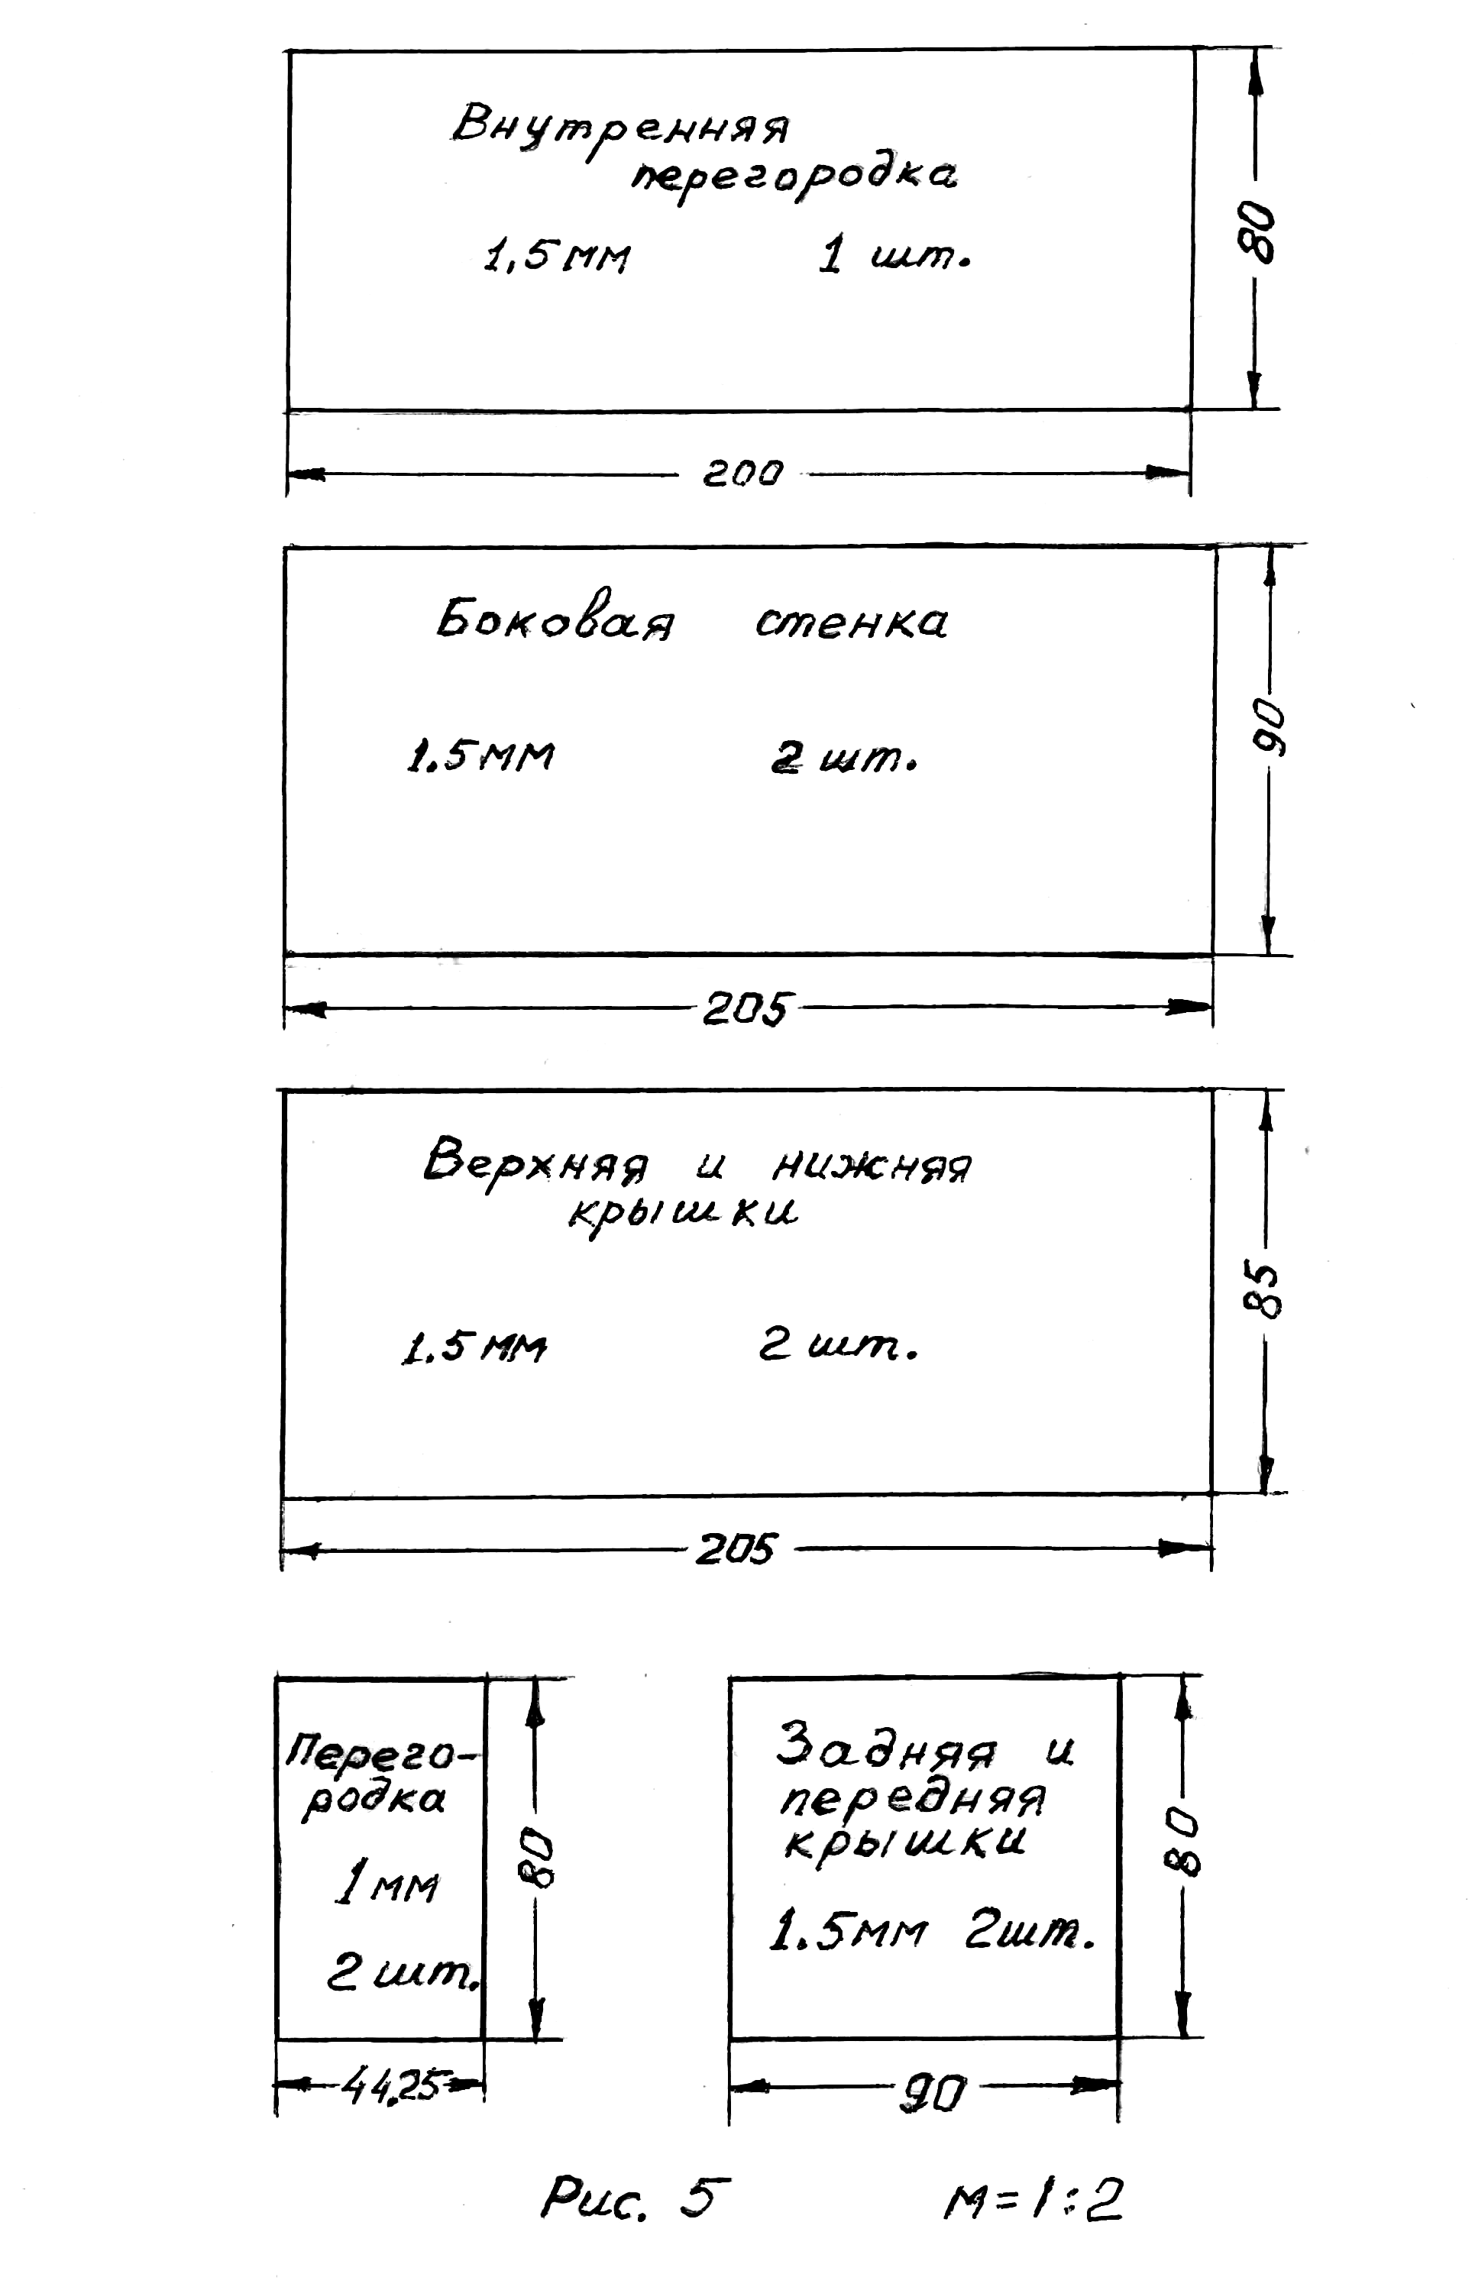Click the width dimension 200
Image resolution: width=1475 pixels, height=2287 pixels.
(x=743, y=473)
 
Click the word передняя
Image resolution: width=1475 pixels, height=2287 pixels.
(x=913, y=1801)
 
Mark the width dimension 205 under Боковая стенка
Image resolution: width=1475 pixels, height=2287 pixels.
(x=746, y=1008)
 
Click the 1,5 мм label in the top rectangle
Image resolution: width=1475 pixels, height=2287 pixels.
(x=558, y=256)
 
